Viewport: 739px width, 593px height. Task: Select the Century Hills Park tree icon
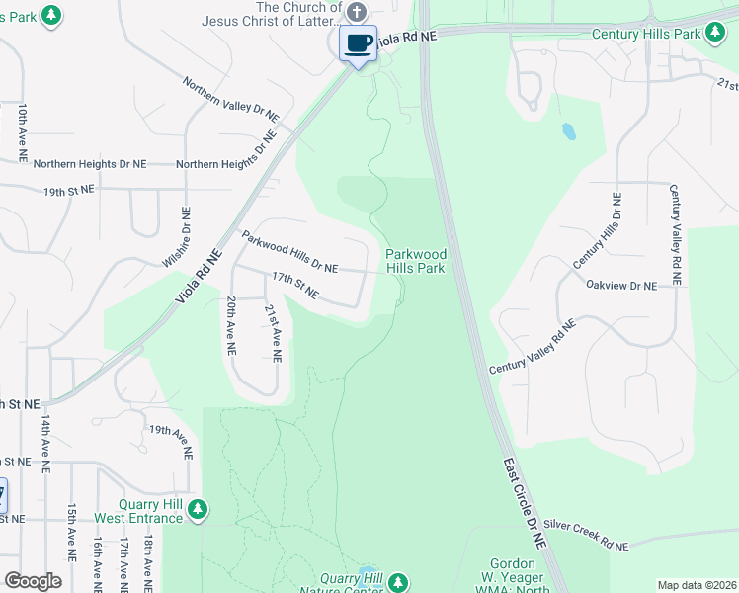(x=715, y=34)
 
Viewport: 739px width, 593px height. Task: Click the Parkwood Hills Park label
(x=415, y=261)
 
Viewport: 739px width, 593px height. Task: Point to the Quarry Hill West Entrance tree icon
(x=199, y=509)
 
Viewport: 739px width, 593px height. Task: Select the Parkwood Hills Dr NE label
(x=289, y=252)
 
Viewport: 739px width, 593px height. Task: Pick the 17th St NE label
(x=295, y=286)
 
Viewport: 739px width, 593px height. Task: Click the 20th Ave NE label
(x=230, y=325)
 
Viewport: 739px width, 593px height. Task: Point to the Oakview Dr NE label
(x=620, y=286)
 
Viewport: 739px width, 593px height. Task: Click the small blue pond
(x=568, y=131)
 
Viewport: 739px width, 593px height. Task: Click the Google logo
(x=33, y=581)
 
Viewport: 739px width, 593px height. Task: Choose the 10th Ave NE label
(x=22, y=132)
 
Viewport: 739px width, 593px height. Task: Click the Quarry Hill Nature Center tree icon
(x=397, y=582)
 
